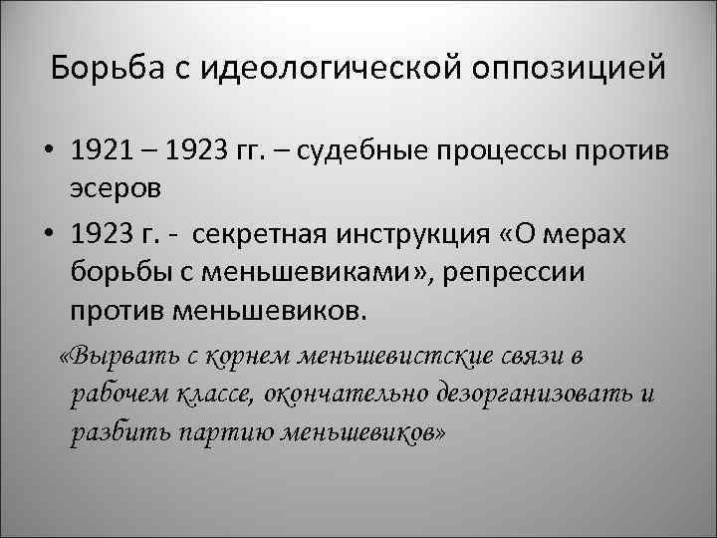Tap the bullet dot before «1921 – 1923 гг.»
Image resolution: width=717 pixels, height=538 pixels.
click(48, 154)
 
